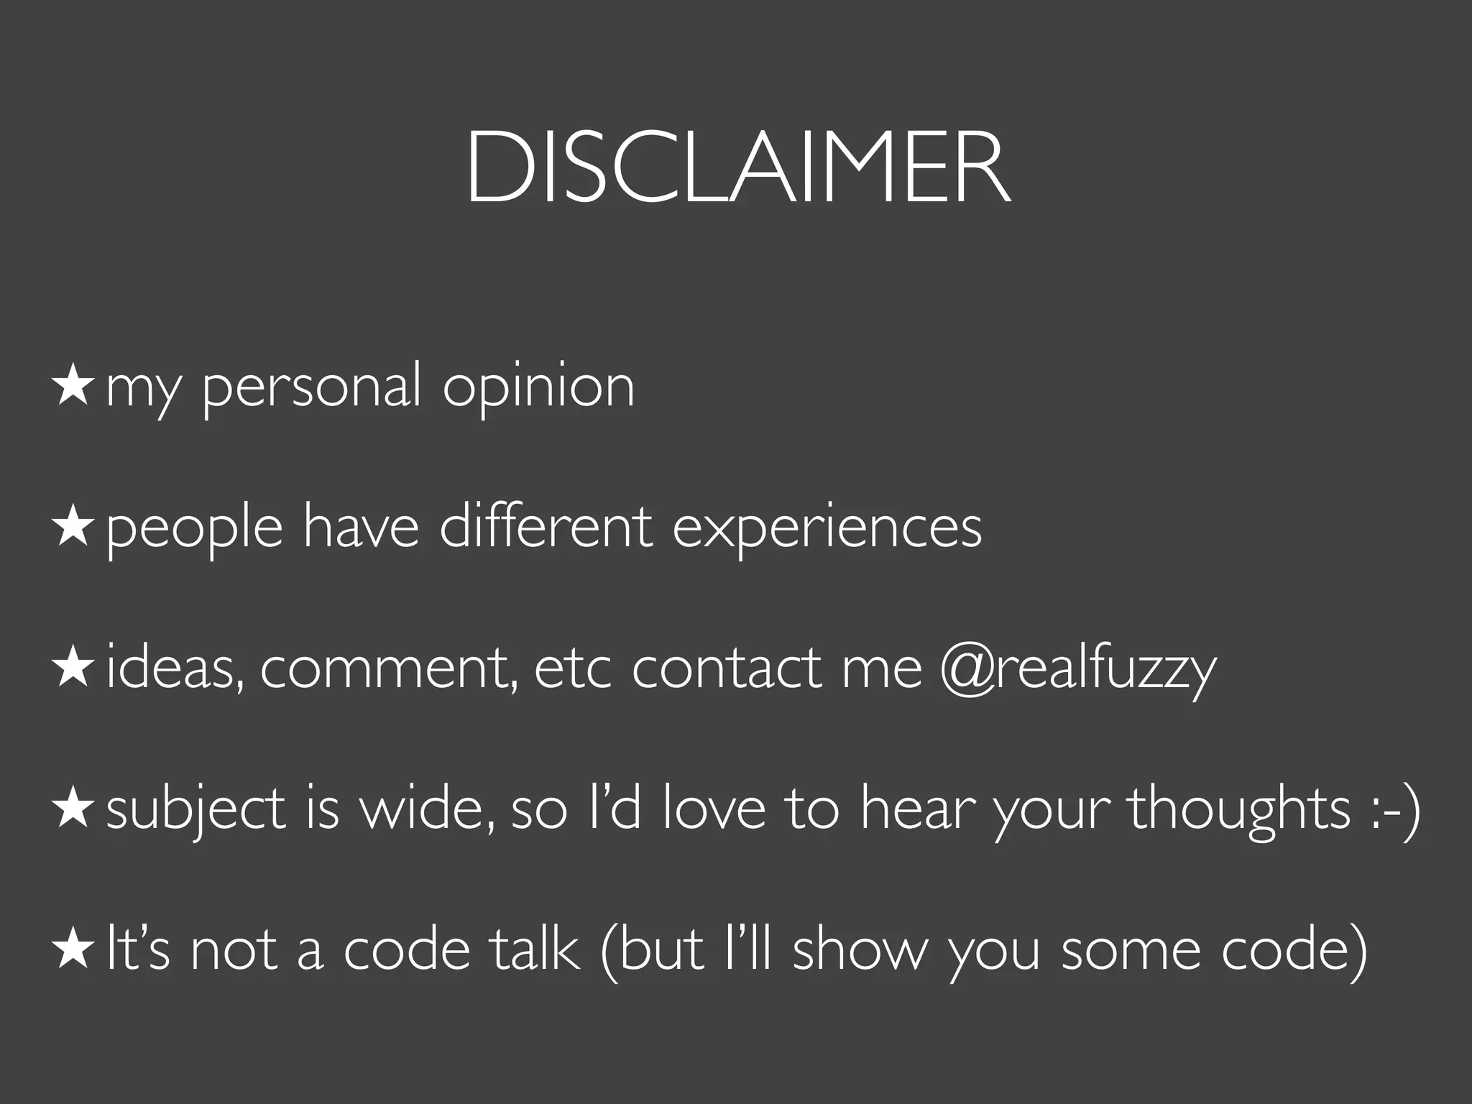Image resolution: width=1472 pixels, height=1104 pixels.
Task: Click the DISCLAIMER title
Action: (x=738, y=168)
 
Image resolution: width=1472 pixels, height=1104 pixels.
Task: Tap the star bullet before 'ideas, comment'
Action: (x=72, y=666)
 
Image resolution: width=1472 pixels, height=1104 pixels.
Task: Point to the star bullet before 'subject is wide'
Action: (x=72, y=807)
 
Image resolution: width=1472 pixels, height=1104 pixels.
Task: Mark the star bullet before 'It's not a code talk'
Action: (x=72, y=948)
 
